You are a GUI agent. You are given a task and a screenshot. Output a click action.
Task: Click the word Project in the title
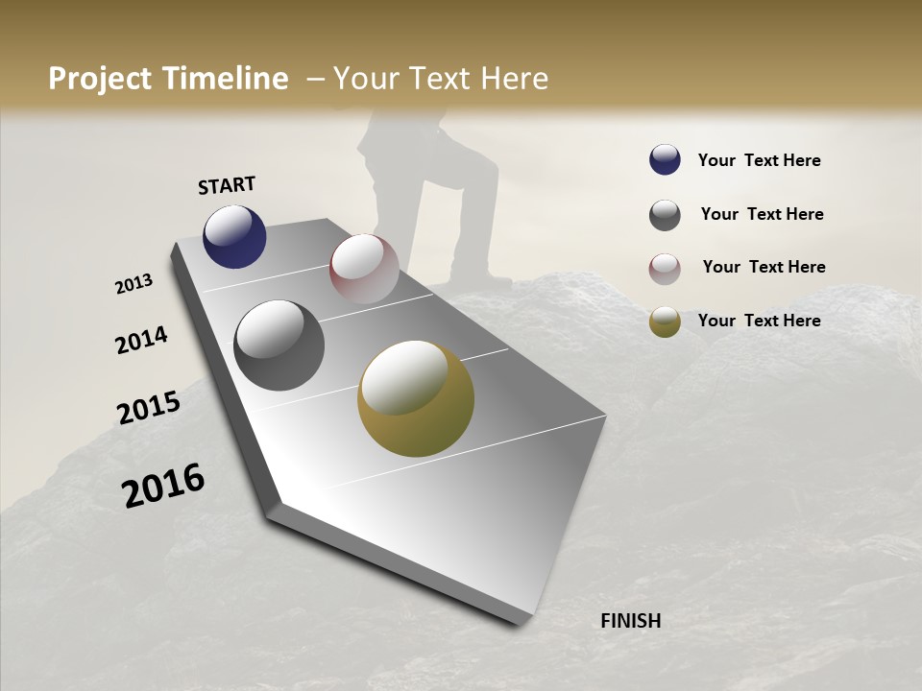coord(101,79)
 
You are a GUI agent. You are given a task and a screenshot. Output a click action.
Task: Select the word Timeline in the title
coord(225,79)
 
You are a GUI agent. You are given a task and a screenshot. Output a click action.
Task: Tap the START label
coord(227,185)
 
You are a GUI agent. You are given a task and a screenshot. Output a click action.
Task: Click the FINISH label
coord(630,621)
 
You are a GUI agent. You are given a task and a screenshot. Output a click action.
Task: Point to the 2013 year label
coord(133,284)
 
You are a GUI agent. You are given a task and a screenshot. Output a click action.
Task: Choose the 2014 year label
coord(141,341)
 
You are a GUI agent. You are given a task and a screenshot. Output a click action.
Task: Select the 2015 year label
coord(149,408)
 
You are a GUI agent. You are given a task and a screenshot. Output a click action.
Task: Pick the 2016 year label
coord(163,485)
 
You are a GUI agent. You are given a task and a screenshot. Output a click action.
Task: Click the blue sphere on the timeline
coord(234,236)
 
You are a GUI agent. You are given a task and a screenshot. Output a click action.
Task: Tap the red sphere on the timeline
coord(364,269)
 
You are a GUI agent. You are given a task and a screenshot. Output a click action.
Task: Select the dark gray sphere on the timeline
coord(279,345)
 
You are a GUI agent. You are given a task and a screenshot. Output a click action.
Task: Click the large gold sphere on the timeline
coord(416,398)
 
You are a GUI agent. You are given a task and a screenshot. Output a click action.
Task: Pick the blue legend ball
coord(665,160)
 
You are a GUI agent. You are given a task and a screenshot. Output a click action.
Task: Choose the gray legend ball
coord(665,215)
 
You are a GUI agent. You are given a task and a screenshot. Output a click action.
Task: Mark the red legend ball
coord(665,268)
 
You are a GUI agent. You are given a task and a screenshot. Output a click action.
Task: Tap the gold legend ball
coord(665,322)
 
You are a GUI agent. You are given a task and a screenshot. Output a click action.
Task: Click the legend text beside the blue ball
coord(759,160)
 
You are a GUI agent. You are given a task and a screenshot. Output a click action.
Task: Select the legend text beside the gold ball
coord(759,321)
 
